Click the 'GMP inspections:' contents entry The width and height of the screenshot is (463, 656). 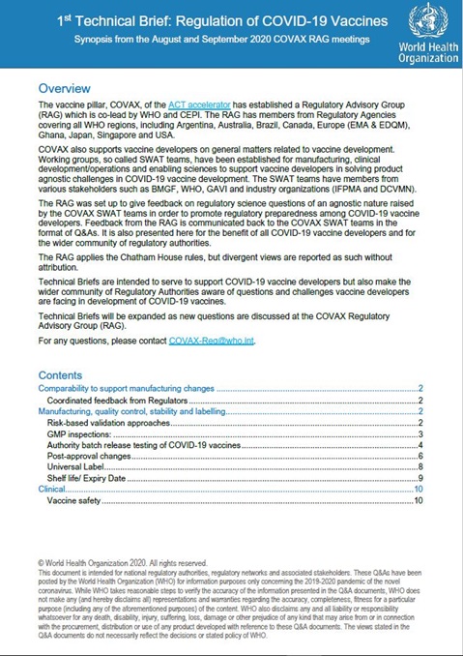point(78,434)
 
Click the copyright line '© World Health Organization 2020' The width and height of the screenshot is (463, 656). point(106,562)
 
